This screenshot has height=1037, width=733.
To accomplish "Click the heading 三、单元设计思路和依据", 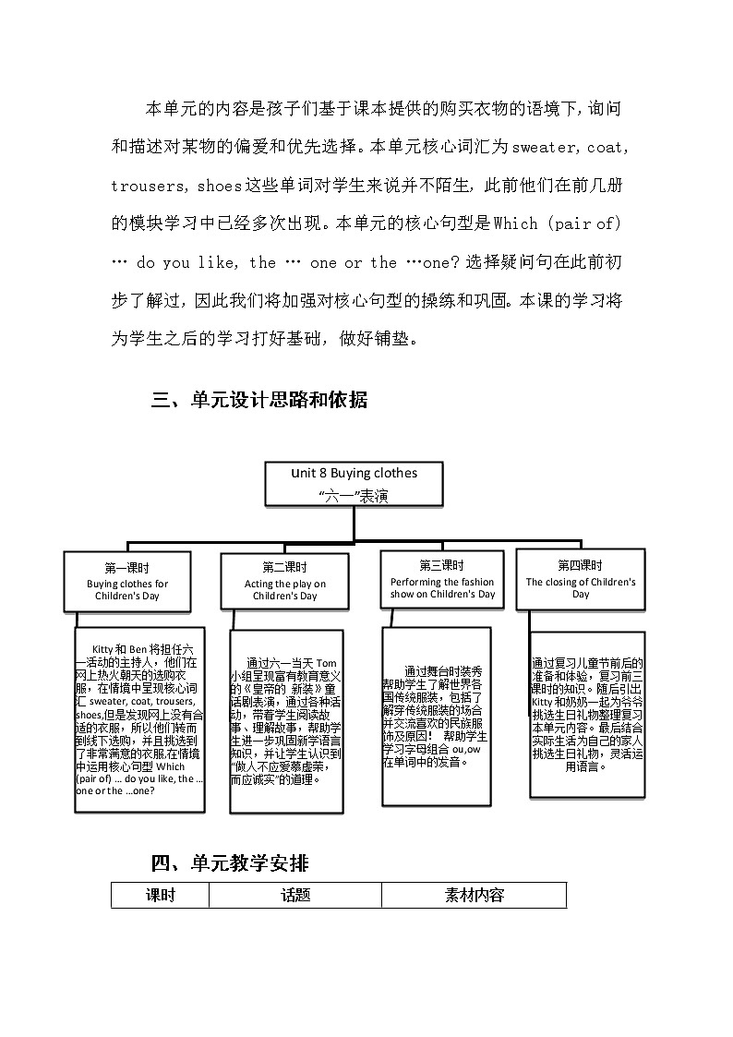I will click(259, 400).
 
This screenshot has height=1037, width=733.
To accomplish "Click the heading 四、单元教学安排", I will click(230, 863).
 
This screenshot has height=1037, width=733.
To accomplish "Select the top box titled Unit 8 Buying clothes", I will click(354, 485).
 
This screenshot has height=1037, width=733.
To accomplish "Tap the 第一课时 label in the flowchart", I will click(127, 568).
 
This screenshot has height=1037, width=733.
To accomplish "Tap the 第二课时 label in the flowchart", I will click(284, 567).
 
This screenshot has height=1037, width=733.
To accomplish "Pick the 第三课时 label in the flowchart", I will click(441, 565).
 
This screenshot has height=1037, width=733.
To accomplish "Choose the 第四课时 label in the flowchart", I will click(580, 565).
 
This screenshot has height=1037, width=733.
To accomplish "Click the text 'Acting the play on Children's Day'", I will click(284, 590).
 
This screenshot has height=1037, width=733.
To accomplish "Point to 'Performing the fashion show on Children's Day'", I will click(442, 588).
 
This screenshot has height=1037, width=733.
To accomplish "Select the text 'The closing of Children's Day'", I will click(581, 588).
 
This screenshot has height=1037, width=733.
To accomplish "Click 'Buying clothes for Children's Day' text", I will click(127, 590).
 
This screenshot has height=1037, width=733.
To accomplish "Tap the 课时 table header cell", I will click(160, 895).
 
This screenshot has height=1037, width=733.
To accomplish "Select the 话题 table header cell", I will click(295, 895).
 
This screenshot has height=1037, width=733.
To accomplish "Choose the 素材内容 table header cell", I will click(474, 895).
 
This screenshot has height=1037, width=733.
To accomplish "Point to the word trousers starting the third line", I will click(149, 186).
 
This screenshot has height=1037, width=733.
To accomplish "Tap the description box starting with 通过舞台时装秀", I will click(437, 716).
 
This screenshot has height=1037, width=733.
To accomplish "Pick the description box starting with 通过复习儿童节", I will click(587, 713).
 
